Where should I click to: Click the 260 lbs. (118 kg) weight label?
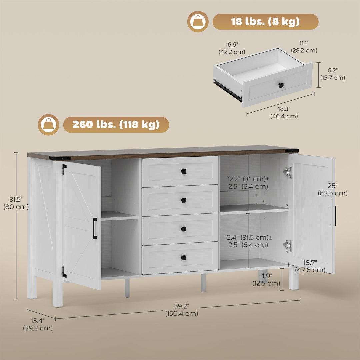coord(116,125)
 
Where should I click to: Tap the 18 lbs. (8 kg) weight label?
coord(265,22)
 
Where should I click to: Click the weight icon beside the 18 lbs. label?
coord(198,22)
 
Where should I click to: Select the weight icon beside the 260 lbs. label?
coord(48,125)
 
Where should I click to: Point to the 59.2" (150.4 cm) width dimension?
coord(182,310)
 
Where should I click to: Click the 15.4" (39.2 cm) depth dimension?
coord(38,325)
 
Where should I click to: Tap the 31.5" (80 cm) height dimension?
coord(16,203)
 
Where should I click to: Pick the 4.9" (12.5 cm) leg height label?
coord(266,280)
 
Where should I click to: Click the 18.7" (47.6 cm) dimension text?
coord(310,267)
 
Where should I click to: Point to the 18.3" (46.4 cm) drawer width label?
coord(284,113)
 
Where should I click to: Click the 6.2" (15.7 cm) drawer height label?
coord(333,74)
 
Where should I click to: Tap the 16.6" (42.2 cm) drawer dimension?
coord(232,48)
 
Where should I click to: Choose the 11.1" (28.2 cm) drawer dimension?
coord(304,47)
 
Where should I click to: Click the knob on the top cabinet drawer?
coord(183,171)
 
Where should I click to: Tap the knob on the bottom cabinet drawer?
coord(183,257)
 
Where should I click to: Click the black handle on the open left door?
coord(95,228)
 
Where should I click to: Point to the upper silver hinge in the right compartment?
coord(288,172)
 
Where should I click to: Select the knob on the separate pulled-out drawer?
coord(281,85)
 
